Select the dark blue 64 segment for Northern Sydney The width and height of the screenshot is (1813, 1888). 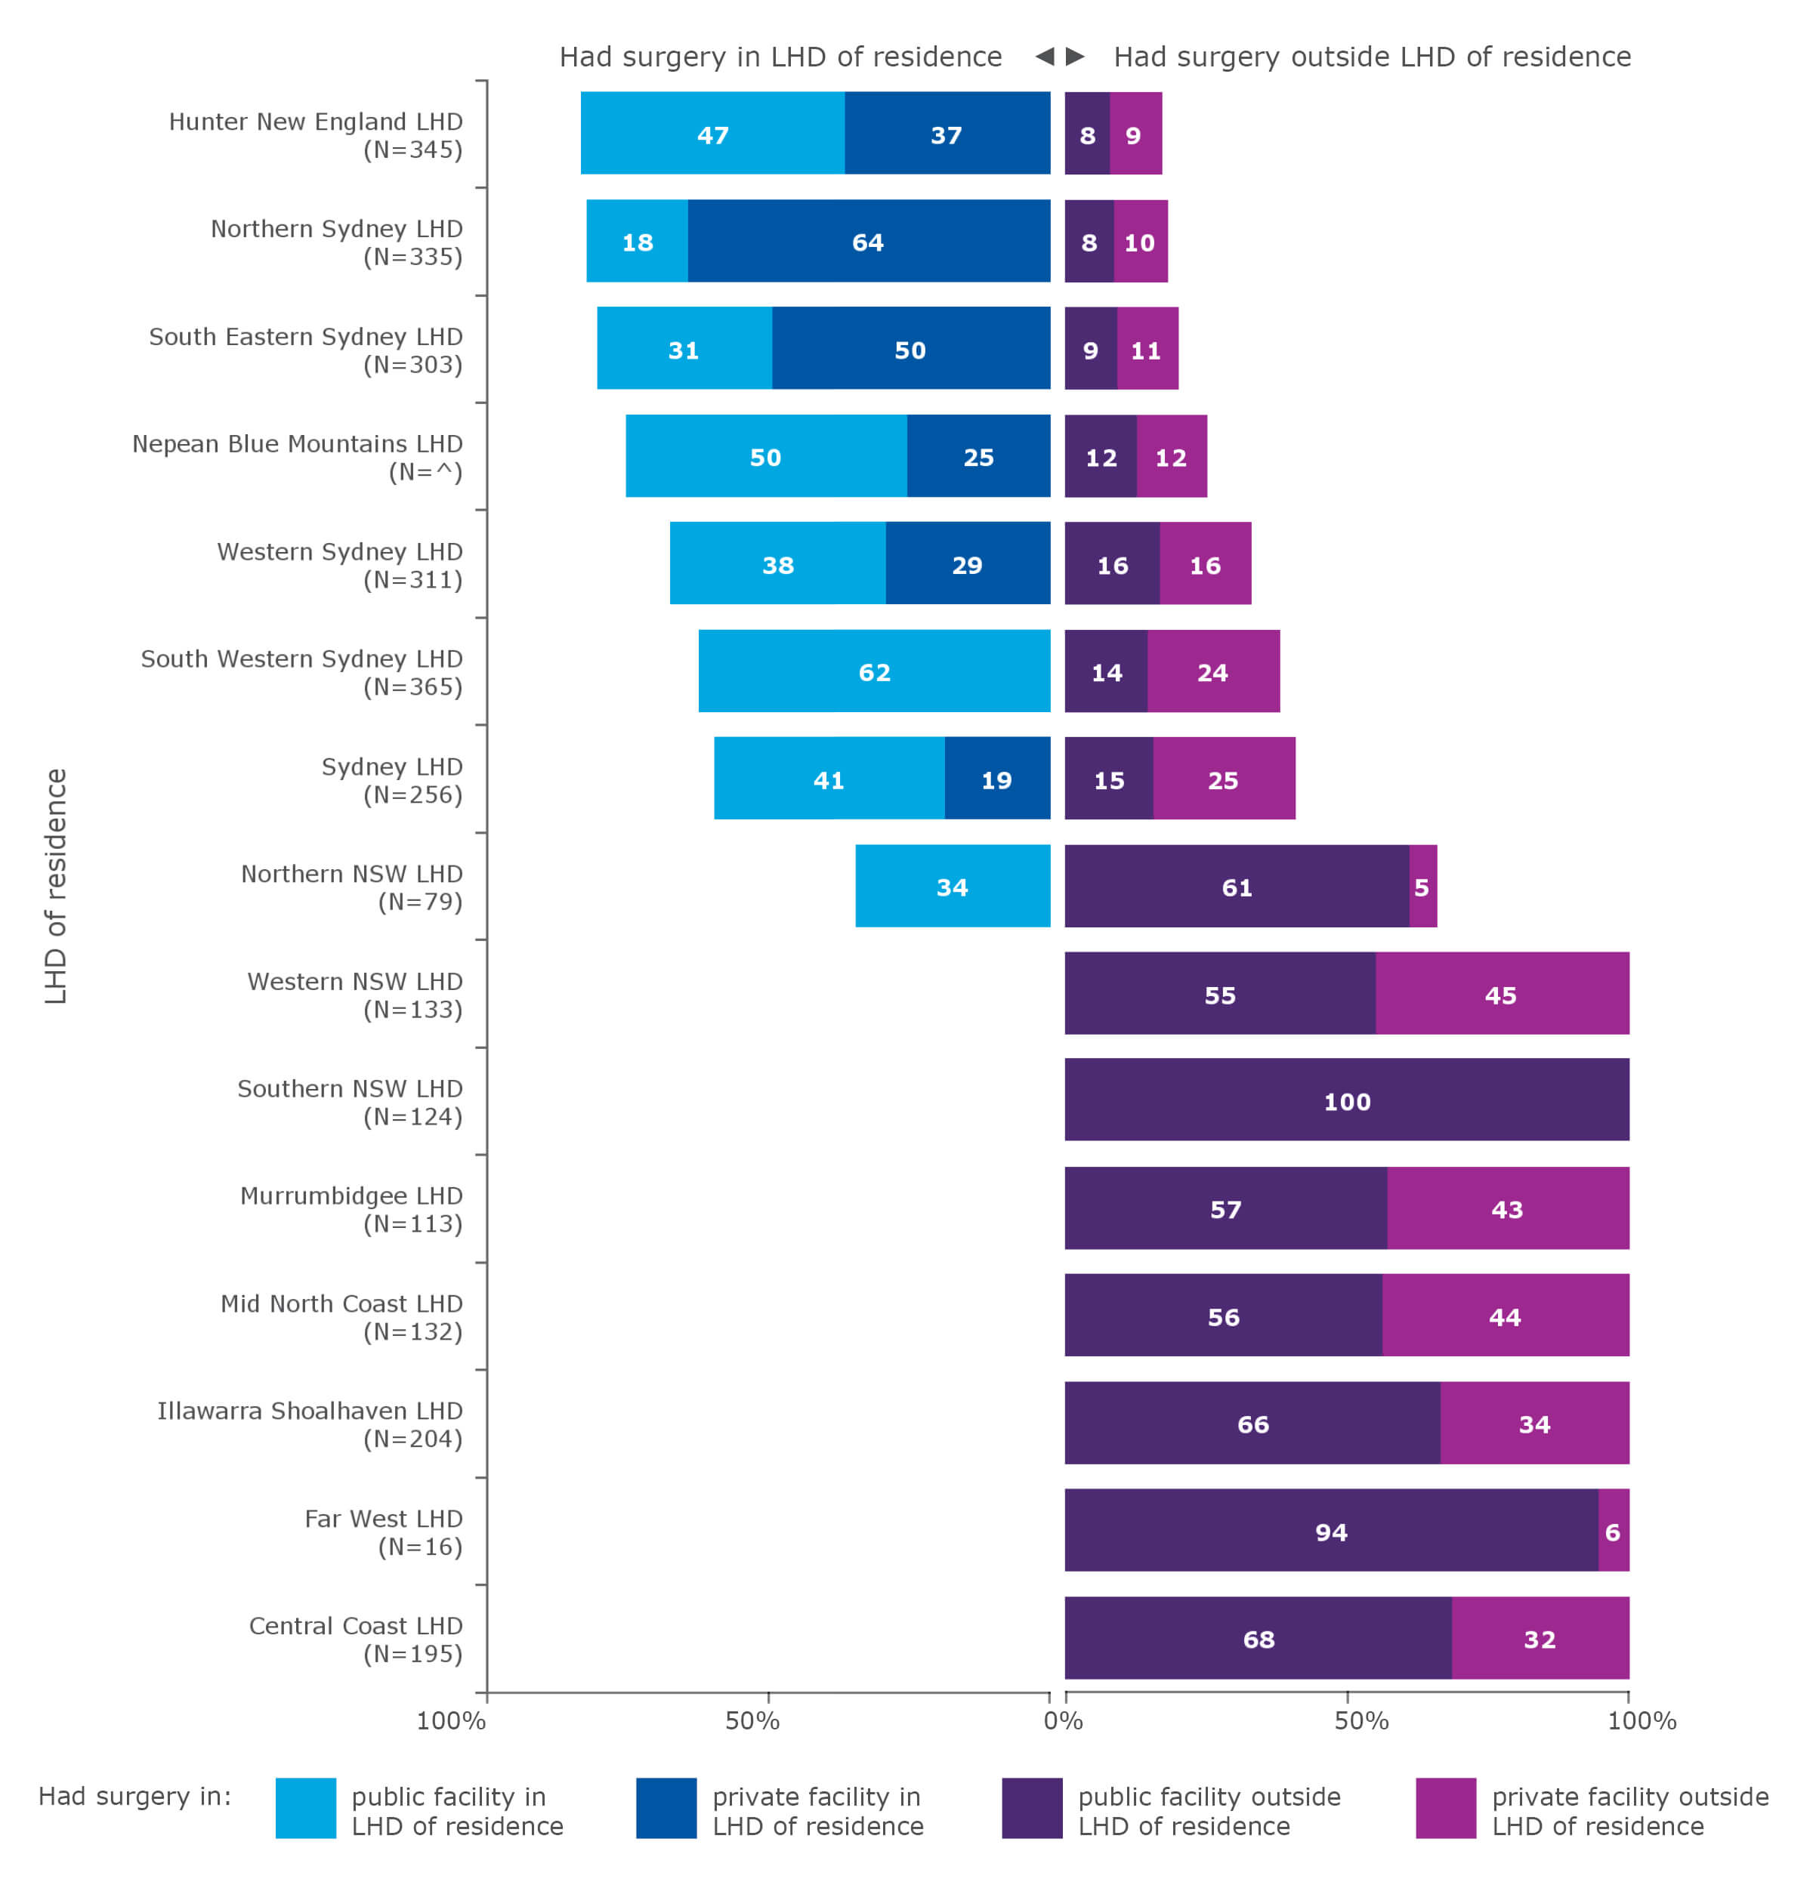[x=868, y=241]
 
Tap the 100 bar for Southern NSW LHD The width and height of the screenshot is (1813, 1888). [x=1346, y=1099]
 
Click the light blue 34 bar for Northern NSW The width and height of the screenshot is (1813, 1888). [x=952, y=885]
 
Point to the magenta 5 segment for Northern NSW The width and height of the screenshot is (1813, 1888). [x=1422, y=885]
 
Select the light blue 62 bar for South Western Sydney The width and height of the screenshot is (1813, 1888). [x=874, y=671]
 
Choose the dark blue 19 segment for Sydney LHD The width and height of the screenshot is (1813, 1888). [x=996, y=779]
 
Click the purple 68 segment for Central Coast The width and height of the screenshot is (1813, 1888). [x=1257, y=1637]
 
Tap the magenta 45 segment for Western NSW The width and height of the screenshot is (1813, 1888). [x=1501, y=993]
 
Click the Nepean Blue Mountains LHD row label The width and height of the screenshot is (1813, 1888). [x=298, y=457]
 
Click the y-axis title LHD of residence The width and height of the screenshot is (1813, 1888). [x=56, y=885]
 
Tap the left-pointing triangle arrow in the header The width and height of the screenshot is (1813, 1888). [x=1044, y=56]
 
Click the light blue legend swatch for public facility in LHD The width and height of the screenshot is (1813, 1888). [x=305, y=1807]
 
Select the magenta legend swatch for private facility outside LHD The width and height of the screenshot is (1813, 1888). [x=1445, y=1807]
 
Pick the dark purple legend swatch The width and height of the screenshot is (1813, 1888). [x=1031, y=1807]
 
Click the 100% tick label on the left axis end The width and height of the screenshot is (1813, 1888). [x=450, y=1720]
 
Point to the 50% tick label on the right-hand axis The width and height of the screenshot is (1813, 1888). [x=1361, y=1720]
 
